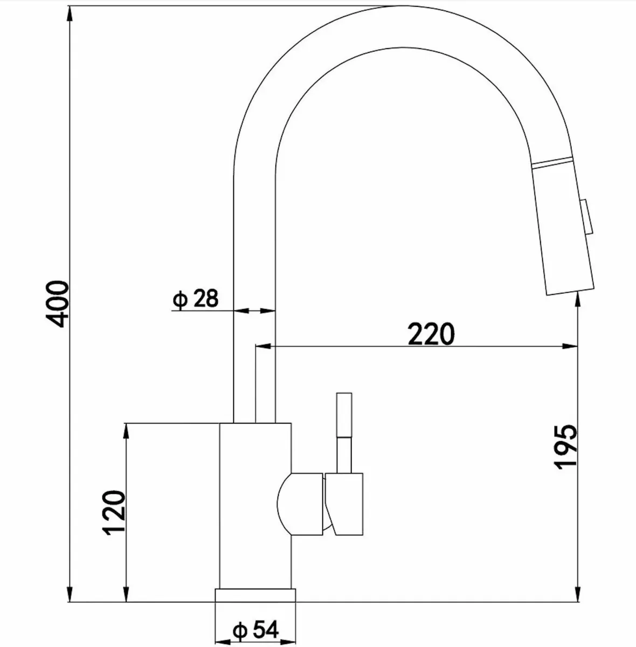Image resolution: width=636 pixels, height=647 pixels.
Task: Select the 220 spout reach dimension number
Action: tap(431, 334)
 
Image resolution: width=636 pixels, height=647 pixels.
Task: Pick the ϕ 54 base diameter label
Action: tap(255, 629)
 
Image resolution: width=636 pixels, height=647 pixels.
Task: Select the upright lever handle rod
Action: tap(343, 431)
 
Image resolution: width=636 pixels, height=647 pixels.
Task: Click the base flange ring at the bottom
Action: tap(255, 594)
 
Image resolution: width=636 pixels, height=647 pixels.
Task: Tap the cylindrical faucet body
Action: tap(255, 504)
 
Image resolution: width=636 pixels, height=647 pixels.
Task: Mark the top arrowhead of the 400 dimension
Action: tap(71, 13)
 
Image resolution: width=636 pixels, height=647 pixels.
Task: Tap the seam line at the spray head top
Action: tap(552, 162)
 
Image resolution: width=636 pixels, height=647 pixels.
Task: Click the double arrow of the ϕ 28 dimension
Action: tap(254, 311)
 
